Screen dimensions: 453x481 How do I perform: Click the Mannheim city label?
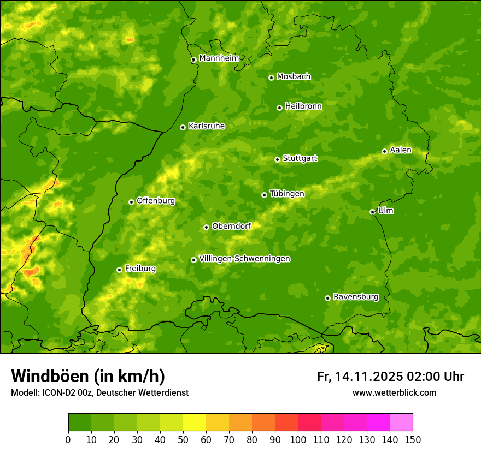219,58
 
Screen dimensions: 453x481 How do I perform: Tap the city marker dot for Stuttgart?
277,159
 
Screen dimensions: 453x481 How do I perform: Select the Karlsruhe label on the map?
207,126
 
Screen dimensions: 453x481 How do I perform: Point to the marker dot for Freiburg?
119,270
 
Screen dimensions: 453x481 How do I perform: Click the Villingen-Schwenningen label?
245,259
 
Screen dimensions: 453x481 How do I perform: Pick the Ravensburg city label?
356,297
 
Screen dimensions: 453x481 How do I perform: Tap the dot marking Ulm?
372,212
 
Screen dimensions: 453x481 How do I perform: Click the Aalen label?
401,150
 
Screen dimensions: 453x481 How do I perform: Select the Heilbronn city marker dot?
279,108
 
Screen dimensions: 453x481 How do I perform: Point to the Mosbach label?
294,77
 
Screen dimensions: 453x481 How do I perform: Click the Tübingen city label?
287,194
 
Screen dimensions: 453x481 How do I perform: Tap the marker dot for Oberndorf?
206,227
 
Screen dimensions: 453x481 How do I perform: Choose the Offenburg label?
156,201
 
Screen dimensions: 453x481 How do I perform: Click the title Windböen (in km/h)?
88,376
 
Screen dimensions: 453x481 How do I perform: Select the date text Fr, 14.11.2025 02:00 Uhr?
390,377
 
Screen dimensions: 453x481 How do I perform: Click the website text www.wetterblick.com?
394,392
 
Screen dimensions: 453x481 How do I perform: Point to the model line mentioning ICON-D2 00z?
99,392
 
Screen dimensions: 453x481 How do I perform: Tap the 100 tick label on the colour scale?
298,439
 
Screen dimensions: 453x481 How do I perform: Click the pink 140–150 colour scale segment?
401,422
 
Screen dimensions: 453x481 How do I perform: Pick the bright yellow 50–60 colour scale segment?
195,422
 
